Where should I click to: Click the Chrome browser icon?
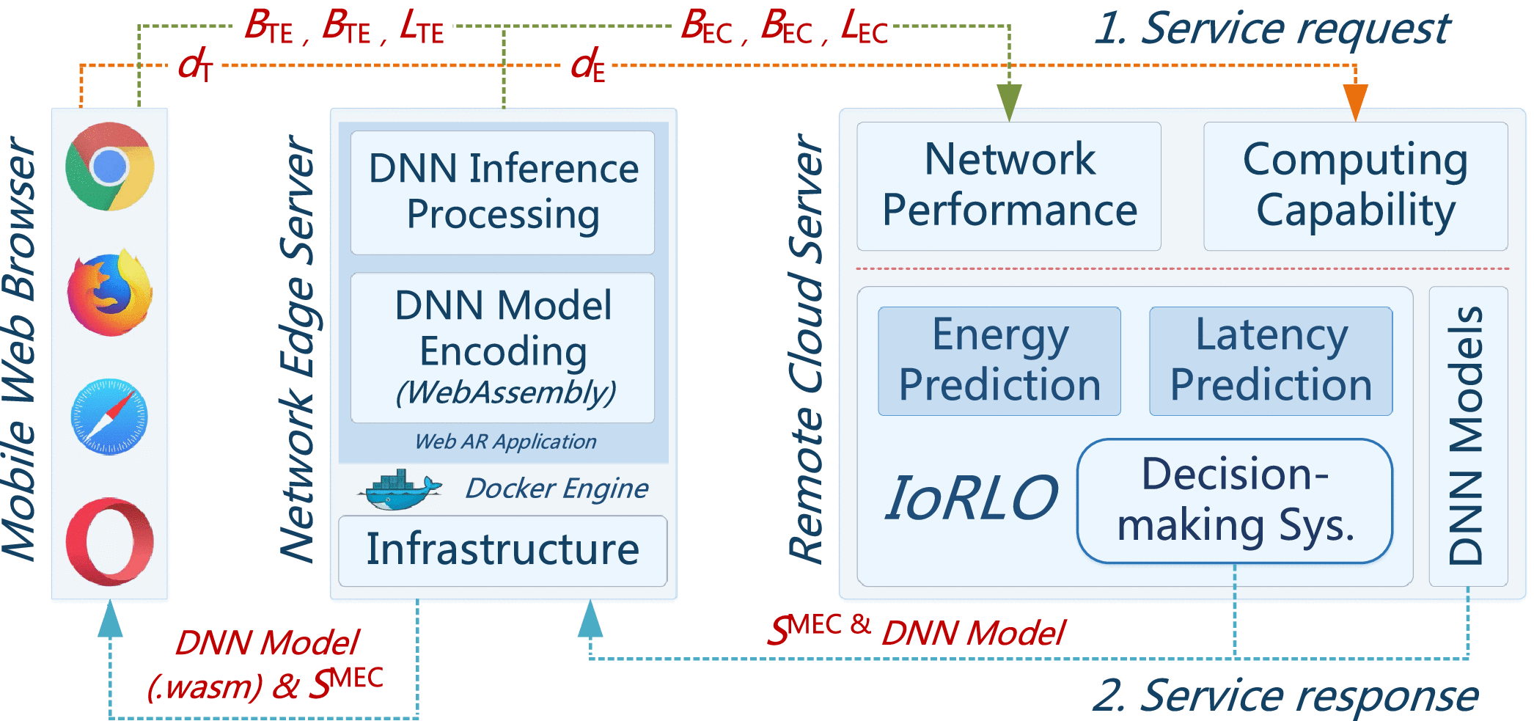coord(110,166)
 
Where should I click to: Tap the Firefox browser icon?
coord(110,292)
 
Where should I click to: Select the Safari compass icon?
coord(109,417)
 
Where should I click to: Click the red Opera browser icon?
coord(110,541)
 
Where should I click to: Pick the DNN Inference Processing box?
coord(503,192)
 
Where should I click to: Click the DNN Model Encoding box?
coord(503,348)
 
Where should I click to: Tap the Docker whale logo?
coord(400,489)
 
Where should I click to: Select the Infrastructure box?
coord(503,551)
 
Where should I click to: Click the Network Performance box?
coord(1009,186)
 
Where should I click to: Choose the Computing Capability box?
coord(1356,186)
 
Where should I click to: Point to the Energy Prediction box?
coord(999,361)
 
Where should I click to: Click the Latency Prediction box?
coord(1271,361)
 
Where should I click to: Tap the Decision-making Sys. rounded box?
coord(1235,501)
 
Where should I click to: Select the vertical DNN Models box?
coord(1468,436)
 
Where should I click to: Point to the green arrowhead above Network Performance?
coord(1010,103)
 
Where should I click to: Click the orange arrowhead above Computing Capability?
coord(1356,103)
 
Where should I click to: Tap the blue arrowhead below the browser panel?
coord(110,618)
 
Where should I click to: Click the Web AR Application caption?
coord(505,442)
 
